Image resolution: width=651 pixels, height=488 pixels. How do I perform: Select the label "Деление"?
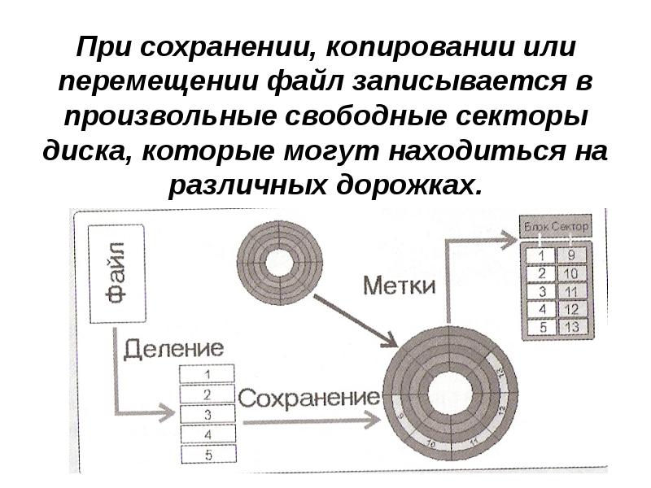173,349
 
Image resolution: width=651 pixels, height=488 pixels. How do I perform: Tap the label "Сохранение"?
309,398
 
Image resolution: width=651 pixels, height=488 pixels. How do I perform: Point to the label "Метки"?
399,286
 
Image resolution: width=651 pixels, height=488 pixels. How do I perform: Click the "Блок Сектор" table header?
555,225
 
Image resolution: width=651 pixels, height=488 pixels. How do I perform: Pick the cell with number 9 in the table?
570,255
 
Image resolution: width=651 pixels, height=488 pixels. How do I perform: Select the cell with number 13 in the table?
570,327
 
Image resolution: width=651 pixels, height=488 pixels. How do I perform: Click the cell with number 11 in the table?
570,291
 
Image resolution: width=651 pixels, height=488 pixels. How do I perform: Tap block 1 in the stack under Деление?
208,375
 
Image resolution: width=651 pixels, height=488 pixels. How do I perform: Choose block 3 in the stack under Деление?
208,414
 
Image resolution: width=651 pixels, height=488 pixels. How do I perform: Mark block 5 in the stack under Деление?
208,454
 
